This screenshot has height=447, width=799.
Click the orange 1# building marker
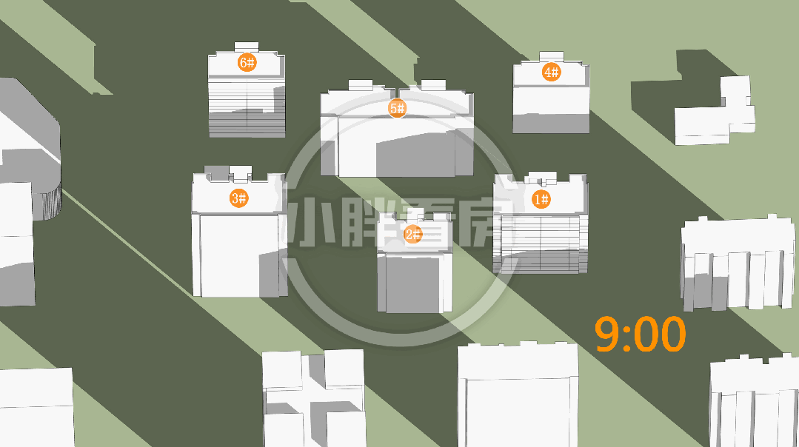coord(541,199)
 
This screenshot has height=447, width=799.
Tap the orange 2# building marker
coord(412,234)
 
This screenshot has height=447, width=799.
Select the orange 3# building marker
coord(239,198)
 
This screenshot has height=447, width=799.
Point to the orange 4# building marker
coord(552,72)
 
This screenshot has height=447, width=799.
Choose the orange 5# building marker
coord(397,108)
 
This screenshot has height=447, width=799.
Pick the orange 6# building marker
coord(247,63)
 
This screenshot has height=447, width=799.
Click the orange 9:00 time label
coord(640,334)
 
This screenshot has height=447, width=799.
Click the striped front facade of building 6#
coord(247,107)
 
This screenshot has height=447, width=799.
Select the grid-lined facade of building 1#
coord(541,243)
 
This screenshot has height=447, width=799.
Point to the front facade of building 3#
coord(239,255)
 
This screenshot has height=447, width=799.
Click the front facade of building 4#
coord(552,110)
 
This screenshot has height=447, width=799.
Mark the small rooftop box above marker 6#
coord(247,47)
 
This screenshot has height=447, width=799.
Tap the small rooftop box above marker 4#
coord(552,56)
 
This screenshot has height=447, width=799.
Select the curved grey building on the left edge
coord(30,147)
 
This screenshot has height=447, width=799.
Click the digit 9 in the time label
coord(606,334)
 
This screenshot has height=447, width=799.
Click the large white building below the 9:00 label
coord(518,395)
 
